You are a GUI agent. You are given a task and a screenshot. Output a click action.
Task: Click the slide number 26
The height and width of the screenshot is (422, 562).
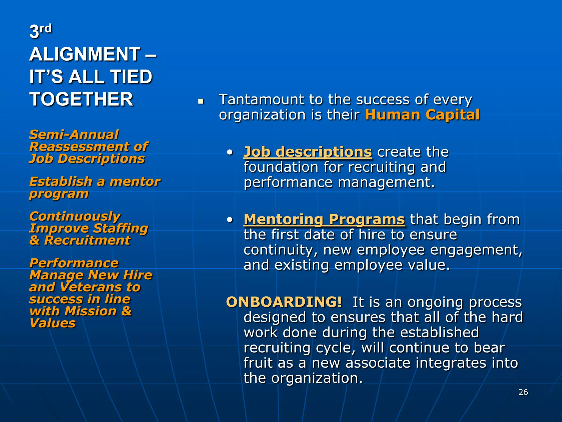(523, 392)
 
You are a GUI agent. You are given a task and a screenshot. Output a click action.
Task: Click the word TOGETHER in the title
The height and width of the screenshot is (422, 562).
(81, 99)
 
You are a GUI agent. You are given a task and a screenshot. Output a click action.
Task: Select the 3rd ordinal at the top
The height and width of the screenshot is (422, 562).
(40, 31)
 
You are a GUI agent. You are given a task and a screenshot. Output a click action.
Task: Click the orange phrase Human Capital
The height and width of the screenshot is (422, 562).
(422, 115)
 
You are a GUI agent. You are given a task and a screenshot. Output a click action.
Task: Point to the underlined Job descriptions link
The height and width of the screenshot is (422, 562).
(308, 152)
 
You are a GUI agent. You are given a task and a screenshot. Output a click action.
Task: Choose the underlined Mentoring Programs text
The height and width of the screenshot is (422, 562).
(324, 219)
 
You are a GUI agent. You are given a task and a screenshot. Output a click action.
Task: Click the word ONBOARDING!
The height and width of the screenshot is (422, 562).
(284, 302)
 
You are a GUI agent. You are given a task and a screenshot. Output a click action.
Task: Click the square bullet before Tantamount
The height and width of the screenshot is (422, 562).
(201, 102)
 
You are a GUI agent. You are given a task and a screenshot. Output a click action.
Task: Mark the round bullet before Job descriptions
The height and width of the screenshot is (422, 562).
(230, 152)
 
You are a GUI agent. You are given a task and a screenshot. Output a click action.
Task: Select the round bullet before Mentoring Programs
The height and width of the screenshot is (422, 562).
(230, 220)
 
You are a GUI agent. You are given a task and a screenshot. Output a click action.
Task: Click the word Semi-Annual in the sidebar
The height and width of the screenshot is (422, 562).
(74, 135)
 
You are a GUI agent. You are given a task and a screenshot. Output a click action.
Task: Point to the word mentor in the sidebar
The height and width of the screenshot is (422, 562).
(135, 182)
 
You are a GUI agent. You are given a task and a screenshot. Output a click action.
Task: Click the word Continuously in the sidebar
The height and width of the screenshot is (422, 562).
(75, 216)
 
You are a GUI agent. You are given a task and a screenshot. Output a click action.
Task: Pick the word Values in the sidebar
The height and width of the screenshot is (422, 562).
(52, 323)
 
